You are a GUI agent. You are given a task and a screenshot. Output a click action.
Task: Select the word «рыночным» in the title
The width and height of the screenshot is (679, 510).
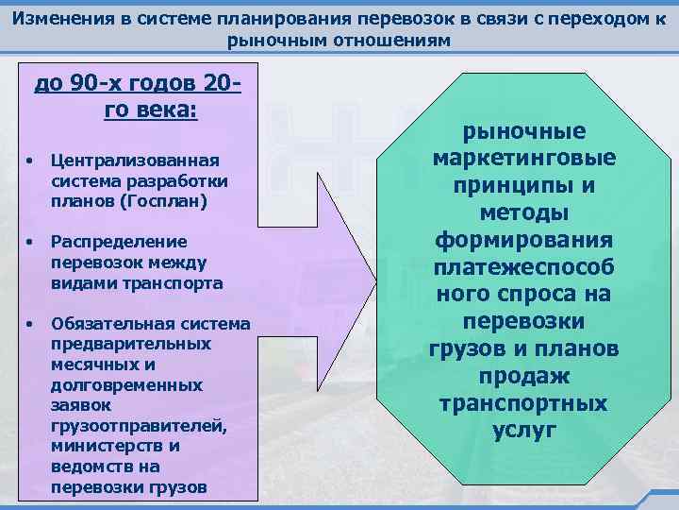click(270, 42)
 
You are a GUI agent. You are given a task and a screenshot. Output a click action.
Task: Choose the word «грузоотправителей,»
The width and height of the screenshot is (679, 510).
click(139, 426)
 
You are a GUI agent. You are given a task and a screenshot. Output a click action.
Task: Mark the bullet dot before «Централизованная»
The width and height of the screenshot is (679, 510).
click(31, 161)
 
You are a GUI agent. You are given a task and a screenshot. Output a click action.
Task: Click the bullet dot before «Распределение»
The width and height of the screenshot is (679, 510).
click(31, 242)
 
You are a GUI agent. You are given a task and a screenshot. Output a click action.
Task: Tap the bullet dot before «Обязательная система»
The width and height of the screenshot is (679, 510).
click(31, 324)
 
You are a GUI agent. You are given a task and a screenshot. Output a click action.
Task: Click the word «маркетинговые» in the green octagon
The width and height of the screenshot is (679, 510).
click(524, 158)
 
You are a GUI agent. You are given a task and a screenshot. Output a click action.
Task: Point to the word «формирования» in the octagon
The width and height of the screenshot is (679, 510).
click(524, 240)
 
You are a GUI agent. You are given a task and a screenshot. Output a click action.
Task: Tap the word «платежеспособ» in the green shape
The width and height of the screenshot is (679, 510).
click(524, 267)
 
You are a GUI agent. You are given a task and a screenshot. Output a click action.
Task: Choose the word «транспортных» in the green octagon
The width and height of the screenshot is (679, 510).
click(524, 403)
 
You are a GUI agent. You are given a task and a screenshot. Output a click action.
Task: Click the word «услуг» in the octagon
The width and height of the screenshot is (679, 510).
click(524, 431)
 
